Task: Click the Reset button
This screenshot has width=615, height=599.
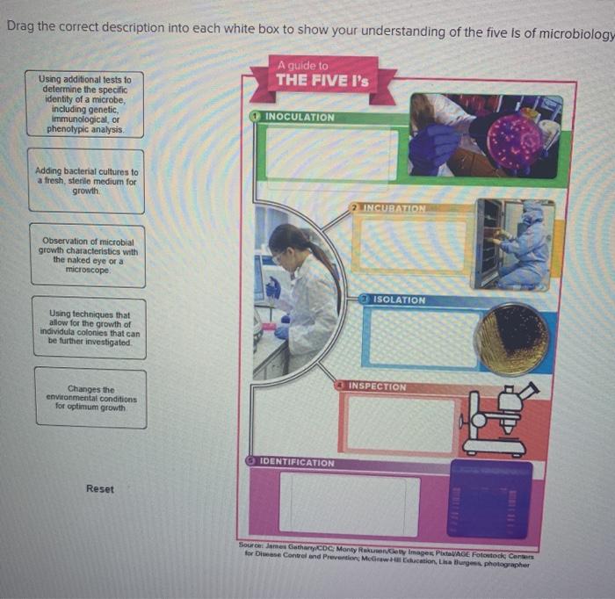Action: coord(99,488)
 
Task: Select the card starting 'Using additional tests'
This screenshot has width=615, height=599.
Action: coord(84,104)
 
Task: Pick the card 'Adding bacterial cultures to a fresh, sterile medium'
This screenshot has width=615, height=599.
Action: coord(85,182)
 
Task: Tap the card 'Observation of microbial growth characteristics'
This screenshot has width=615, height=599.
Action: coord(87,255)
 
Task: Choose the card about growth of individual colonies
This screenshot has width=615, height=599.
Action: coord(90,327)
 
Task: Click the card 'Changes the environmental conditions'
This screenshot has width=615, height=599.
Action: coord(90,398)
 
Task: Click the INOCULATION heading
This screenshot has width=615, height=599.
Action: coord(299,117)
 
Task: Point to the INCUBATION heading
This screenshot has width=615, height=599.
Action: coord(394,209)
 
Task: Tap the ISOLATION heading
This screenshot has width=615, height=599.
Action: coord(398,300)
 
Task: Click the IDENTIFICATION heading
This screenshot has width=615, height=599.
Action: coord(297,462)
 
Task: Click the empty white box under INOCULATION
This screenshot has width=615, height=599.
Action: coord(331,154)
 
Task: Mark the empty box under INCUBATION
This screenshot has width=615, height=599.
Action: coord(413,245)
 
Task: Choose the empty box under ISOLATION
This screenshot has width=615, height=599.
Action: coord(423,337)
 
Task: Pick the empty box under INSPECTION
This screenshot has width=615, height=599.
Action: coord(400,425)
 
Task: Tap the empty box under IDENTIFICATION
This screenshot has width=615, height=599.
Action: coord(349,503)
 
